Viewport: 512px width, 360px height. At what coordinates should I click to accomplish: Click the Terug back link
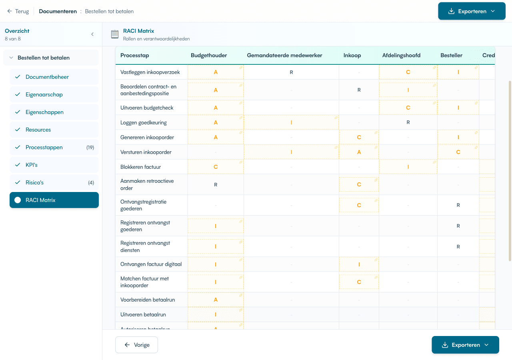pyautogui.click(x=18, y=11)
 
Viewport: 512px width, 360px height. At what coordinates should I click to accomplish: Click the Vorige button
pyautogui.click(x=136, y=345)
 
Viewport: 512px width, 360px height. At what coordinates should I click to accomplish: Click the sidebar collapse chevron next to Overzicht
pyautogui.click(x=92, y=34)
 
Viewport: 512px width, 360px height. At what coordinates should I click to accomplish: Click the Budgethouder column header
pyautogui.click(x=209, y=55)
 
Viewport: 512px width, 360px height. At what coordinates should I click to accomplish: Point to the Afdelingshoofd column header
pyautogui.click(x=401, y=55)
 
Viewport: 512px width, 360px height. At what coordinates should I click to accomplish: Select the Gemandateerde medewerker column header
pyautogui.click(x=284, y=55)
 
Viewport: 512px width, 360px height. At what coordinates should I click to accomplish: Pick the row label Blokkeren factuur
pyautogui.click(x=141, y=167)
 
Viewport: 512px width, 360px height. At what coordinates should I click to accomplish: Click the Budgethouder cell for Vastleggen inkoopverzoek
pyautogui.click(x=216, y=72)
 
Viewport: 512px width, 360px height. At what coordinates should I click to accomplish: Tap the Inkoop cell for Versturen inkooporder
pyautogui.click(x=359, y=152)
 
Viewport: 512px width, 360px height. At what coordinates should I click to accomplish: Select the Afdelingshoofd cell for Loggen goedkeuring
pyautogui.click(x=408, y=122)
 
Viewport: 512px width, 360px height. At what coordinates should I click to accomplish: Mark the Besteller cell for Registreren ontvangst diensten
pyautogui.click(x=458, y=247)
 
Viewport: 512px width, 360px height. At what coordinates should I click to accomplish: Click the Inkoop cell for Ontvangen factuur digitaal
pyautogui.click(x=359, y=264)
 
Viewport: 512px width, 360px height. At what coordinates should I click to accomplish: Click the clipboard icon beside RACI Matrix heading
pyautogui.click(x=115, y=34)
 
